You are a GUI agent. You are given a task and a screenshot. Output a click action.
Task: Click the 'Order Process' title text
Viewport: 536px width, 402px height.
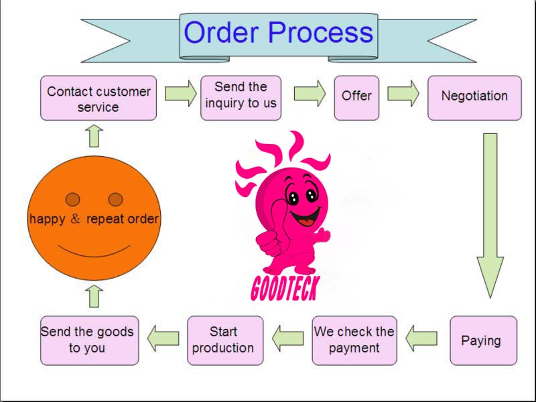tap(278, 33)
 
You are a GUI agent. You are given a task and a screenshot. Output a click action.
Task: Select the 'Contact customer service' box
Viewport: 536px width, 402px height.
tap(98, 98)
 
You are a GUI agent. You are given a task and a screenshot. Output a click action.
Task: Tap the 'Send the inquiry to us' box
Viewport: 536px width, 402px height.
tap(241, 95)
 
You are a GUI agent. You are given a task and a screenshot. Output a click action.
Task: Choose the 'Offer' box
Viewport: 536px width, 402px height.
tap(356, 96)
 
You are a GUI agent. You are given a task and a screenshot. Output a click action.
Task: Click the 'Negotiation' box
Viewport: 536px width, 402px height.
tap(474, 96)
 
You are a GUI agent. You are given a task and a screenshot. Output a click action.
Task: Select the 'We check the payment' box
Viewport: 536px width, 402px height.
tap(354, 339)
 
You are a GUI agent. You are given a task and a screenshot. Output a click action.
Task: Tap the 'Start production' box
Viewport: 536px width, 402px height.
tap(223, 339)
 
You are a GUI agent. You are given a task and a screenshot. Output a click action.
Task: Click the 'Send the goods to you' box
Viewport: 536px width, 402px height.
tap(88, 339)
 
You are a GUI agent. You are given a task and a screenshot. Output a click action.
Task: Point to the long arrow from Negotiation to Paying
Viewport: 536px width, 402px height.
tap(490, 214)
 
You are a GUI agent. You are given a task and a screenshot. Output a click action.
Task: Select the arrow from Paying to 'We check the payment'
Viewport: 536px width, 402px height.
tap(421, 338)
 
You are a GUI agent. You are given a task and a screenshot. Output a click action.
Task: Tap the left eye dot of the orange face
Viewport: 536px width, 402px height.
tap(73, 199)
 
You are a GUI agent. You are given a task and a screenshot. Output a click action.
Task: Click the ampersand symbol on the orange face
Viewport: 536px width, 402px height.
tap(76, 218)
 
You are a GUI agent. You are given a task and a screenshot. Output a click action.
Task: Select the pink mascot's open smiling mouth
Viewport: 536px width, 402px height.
tap(306, 218)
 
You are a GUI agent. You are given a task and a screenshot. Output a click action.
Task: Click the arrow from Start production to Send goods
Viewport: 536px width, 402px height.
tap(163, 337)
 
